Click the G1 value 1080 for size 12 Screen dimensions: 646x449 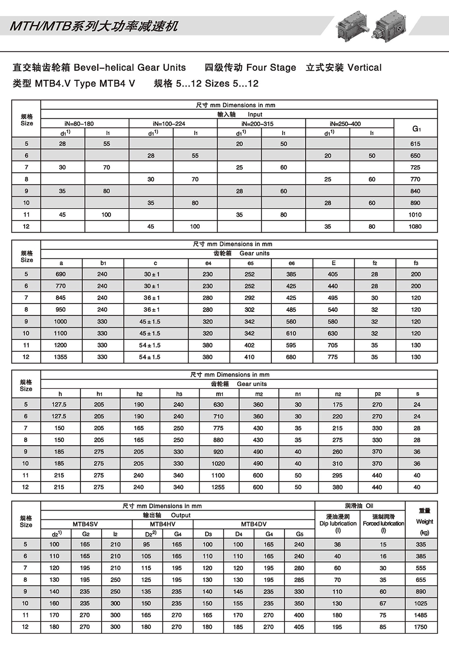[x=415, y=226]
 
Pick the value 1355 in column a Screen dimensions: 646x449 [x=60, y=357]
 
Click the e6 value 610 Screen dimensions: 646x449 [x=291, y=333]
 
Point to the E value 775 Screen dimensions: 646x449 [x=333, y=357]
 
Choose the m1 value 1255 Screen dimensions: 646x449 [x=218, y=487]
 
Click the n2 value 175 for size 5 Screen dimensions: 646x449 [x=338, y=405]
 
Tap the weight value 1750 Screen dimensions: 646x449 [x=420, y=627]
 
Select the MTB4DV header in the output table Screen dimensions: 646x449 [x=253, y=524]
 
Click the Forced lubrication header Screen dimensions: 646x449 [x=383, y=524]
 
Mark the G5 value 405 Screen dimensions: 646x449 [x=299, y=627]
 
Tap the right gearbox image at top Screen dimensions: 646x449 [x=390, y=25]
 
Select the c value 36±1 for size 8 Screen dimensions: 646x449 [x=151, y=310]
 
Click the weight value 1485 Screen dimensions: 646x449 [x=420, y=615]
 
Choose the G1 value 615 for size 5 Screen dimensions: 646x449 [x=415, y=144]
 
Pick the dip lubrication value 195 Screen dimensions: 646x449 [x=337, y=627]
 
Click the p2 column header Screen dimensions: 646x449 [x=378, y=394]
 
